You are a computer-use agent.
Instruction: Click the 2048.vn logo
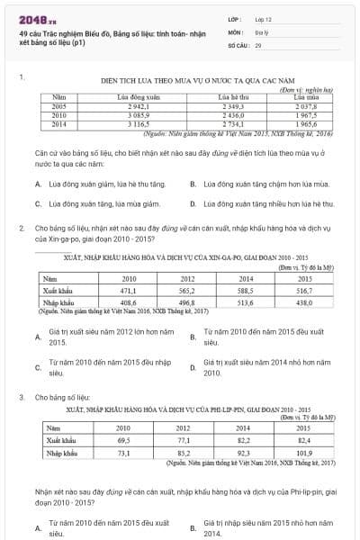coord(36,18)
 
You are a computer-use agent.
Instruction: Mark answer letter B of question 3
coord(193,526)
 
